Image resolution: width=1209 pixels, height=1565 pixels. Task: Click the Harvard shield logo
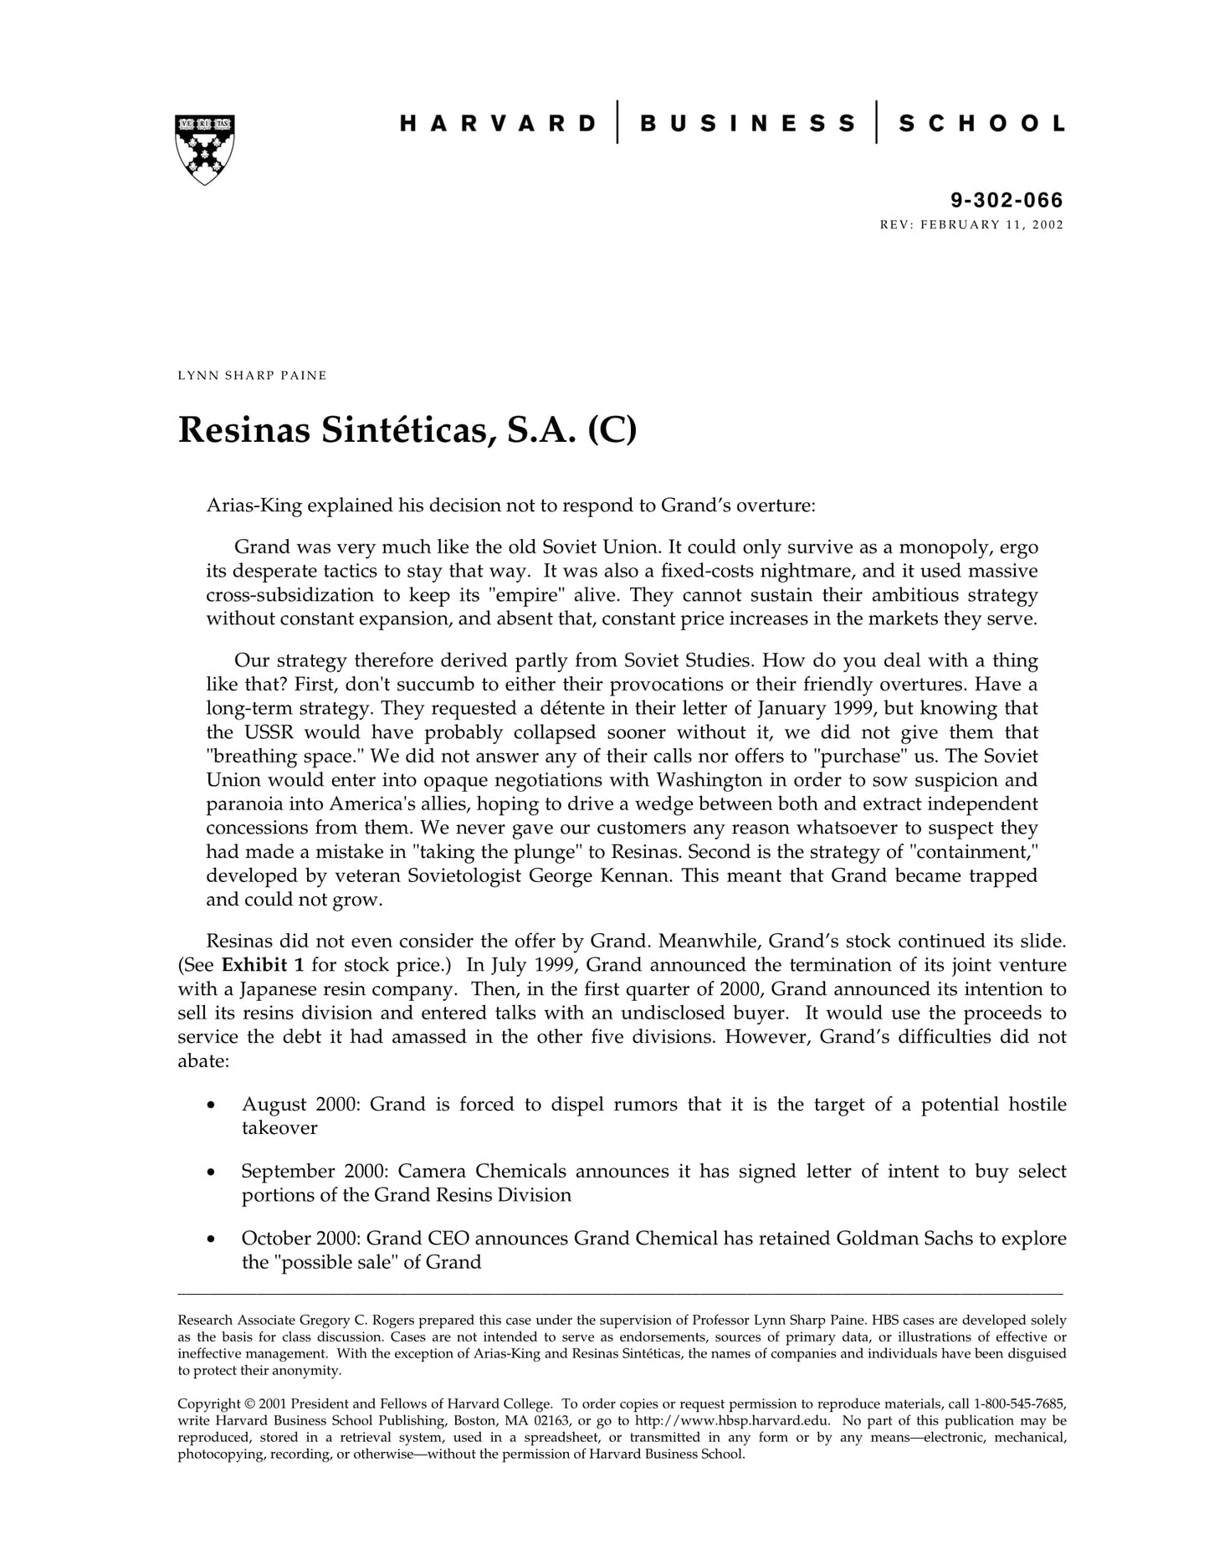(x=204, y=149)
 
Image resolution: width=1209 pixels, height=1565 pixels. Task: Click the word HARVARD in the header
(x=498, y=124)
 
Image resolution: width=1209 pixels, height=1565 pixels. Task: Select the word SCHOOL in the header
(x=981, y=124)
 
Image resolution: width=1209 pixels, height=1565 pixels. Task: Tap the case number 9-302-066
(x=1007, y=200)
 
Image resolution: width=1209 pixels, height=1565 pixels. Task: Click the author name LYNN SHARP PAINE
(x=252, y=375)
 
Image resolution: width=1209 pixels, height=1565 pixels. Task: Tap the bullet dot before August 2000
(x=212, y=1106)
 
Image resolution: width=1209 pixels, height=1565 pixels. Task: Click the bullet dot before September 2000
(x=212, y=1172)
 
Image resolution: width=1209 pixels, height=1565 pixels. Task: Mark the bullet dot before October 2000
(x=212, y=1239)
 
